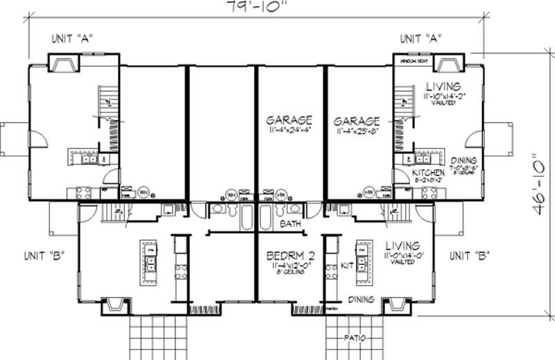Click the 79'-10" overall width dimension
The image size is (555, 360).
pyautogui.click(x=256, y=6)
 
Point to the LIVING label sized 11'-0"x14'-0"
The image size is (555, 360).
pyautogui.click(x=402, y=246)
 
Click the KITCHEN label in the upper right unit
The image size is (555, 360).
pyautogui.click(x=428, y=172)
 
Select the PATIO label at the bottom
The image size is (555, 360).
pyautogui.click(x=355, y=339)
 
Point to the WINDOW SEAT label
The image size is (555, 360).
pyautogui.click(x=411, y=60)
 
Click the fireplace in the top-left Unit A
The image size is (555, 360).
pyautogui.click(x=64, y=63)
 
